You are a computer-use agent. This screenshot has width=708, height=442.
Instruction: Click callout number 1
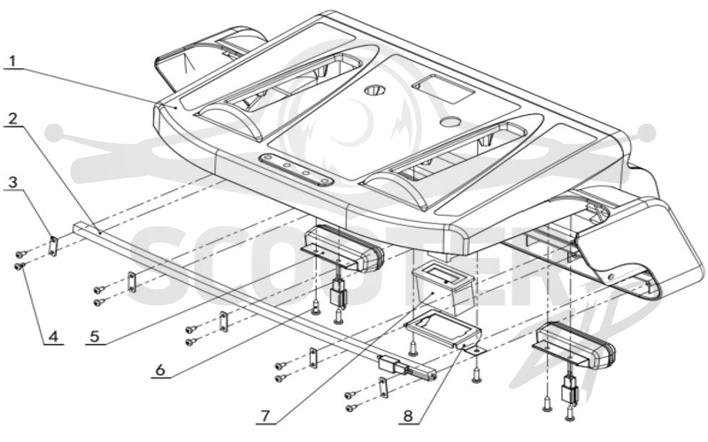pyautogui.click(x=13, y=61)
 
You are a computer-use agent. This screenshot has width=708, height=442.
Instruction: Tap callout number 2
pyautogui.click(x=13, y=118)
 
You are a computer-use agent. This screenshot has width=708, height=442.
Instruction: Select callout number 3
pyautogui.click(x=13, y=182)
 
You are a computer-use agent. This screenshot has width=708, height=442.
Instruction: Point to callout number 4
pyautogui.click(x=53, y=337)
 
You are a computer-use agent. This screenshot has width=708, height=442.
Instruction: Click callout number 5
pyautogui.click(x=95, y=337)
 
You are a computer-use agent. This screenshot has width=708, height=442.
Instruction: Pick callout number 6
pyautogui.click(x=160, y=370)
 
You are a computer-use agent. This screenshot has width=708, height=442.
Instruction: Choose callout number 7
pyautogui.click(x=265, y=415)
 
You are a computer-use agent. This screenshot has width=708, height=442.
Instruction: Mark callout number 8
pyautogui.click(x=408, y=415)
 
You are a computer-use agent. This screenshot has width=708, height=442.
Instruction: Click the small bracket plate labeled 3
pyautogui.click(x=53, y=247)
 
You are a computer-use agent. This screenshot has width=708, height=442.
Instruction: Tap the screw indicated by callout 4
pyautogui.click(x=19, y=267)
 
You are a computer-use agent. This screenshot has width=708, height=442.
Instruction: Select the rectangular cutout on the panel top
pyautogui.click(x=443, y=88)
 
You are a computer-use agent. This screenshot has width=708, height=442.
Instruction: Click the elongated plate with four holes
pyautogui.click(x=296, y=170)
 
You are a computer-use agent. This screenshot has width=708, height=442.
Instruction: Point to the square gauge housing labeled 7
pyautogui.click(x=443, y=289)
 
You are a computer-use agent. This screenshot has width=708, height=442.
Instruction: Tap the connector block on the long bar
pyautogui.click(x=389, y=363)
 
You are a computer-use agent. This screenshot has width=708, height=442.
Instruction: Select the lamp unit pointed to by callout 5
pyautogui.click(x=343, y=248)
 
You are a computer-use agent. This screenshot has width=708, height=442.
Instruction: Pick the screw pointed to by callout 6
pyautogui.click(x=315, y=309)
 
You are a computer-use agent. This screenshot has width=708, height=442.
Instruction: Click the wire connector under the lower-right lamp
pyautogui.click(x=567, y=391)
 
